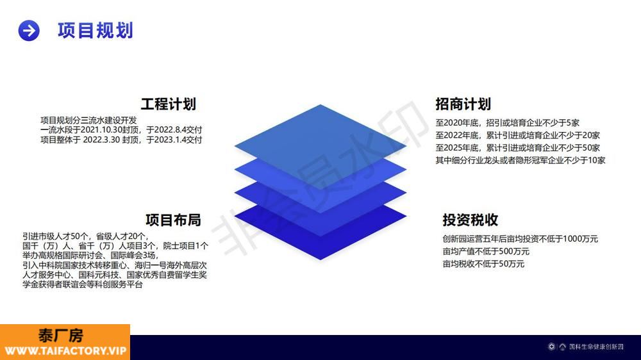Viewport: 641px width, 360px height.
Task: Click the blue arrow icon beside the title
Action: point(29,31)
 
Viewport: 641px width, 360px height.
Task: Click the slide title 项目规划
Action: point(96,31)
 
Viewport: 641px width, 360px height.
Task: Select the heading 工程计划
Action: point(169,104)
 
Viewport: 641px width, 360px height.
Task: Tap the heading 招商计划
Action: point(463,104)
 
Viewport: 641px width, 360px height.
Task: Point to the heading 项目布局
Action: point(173,220)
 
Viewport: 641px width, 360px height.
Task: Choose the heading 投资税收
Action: point(470,220)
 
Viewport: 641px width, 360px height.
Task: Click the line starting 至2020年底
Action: point(507,122)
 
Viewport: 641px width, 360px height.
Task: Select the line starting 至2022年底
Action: point(517,135)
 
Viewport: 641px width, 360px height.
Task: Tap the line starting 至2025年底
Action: point(517,148)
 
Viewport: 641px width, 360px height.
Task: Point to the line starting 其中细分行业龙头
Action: point(520,161)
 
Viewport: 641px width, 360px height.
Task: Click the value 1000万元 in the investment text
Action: point(581,239)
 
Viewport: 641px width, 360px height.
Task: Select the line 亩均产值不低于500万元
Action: point(486,251)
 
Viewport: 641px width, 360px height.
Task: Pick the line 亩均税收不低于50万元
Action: point(483,264)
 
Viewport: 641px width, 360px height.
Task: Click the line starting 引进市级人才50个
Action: point(86,236)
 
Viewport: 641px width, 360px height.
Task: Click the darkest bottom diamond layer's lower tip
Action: point(320,259)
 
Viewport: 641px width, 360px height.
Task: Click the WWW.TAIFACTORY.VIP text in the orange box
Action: point(65,351)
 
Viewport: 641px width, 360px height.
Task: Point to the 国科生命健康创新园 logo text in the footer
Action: point(596,347)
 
